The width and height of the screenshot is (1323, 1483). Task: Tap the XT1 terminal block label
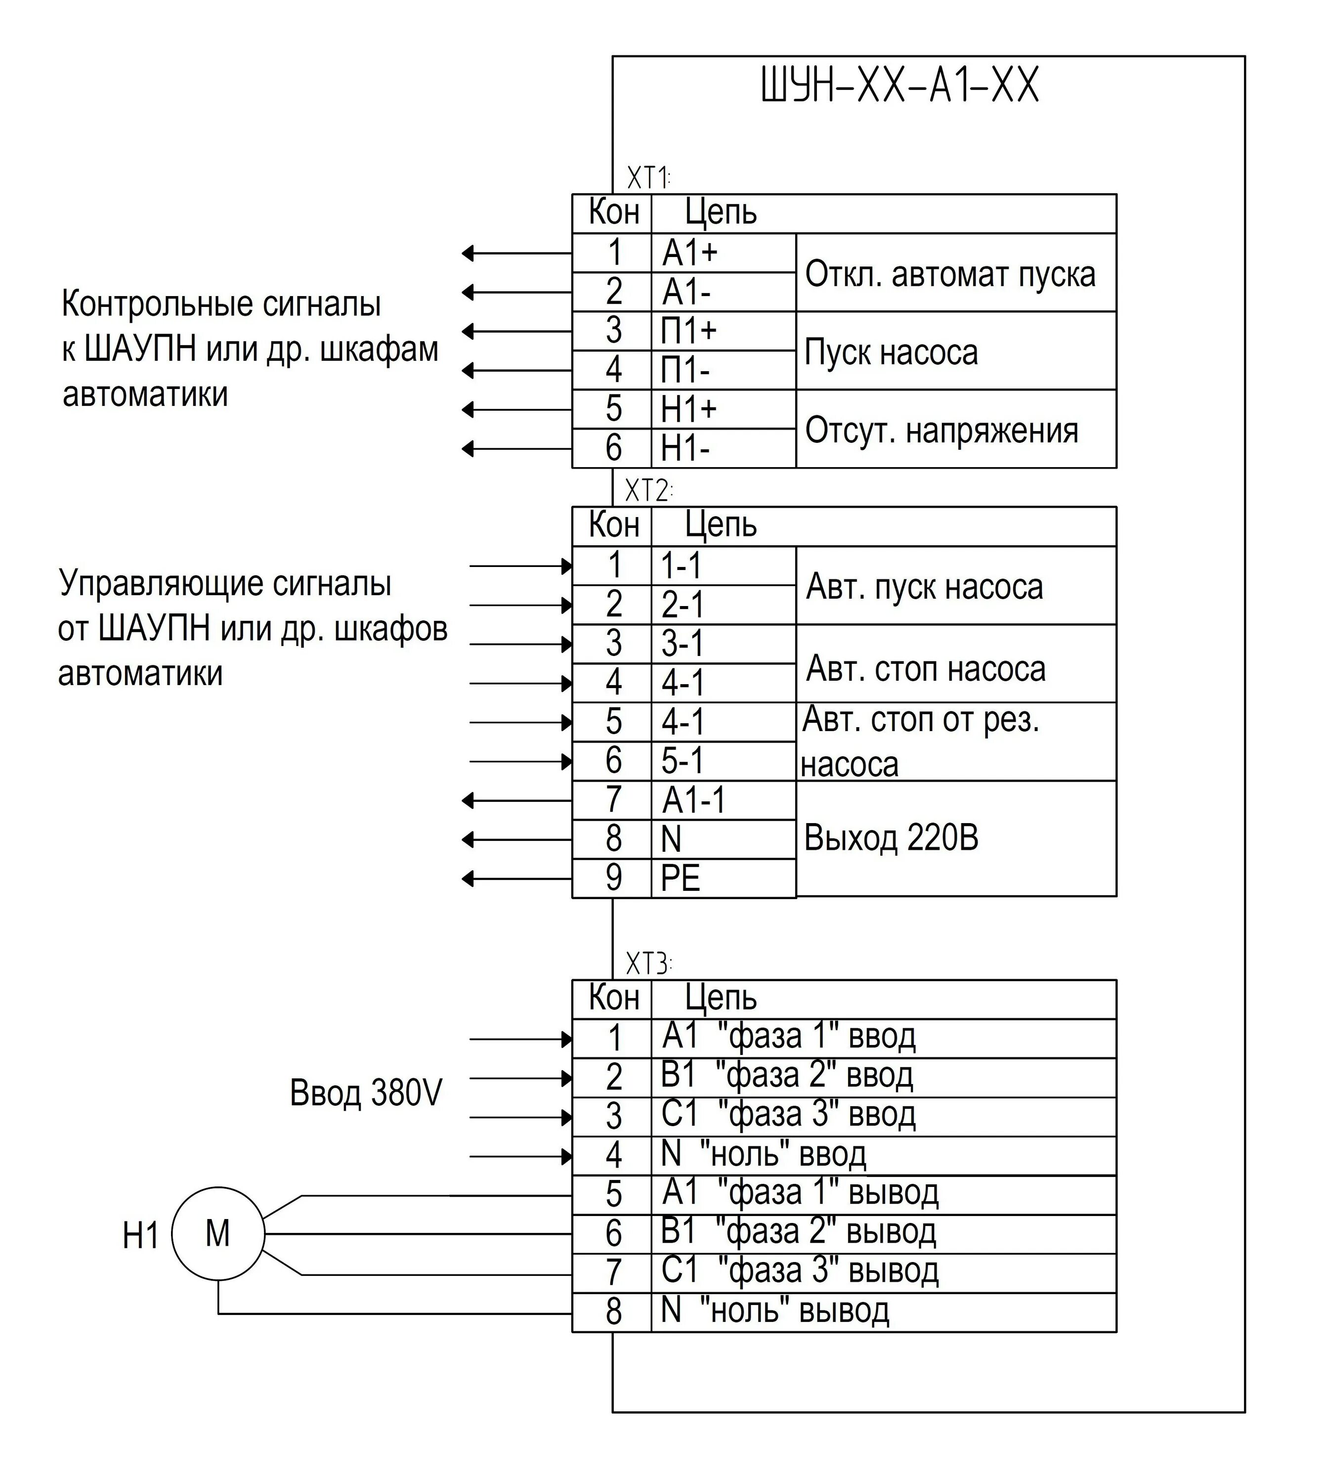click(648, 178)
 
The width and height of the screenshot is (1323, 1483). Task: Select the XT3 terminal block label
click(648, 964)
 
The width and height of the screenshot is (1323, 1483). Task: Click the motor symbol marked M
click(218, 1234)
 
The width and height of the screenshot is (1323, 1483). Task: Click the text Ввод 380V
click(366, 1092)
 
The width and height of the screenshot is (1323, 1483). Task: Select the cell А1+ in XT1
click(689, 253)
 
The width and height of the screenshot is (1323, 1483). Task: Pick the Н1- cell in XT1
click(685, 448)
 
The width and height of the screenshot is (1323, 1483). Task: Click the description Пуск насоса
click(891, 352)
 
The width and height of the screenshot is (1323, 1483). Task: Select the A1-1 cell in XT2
click(693, 800)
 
